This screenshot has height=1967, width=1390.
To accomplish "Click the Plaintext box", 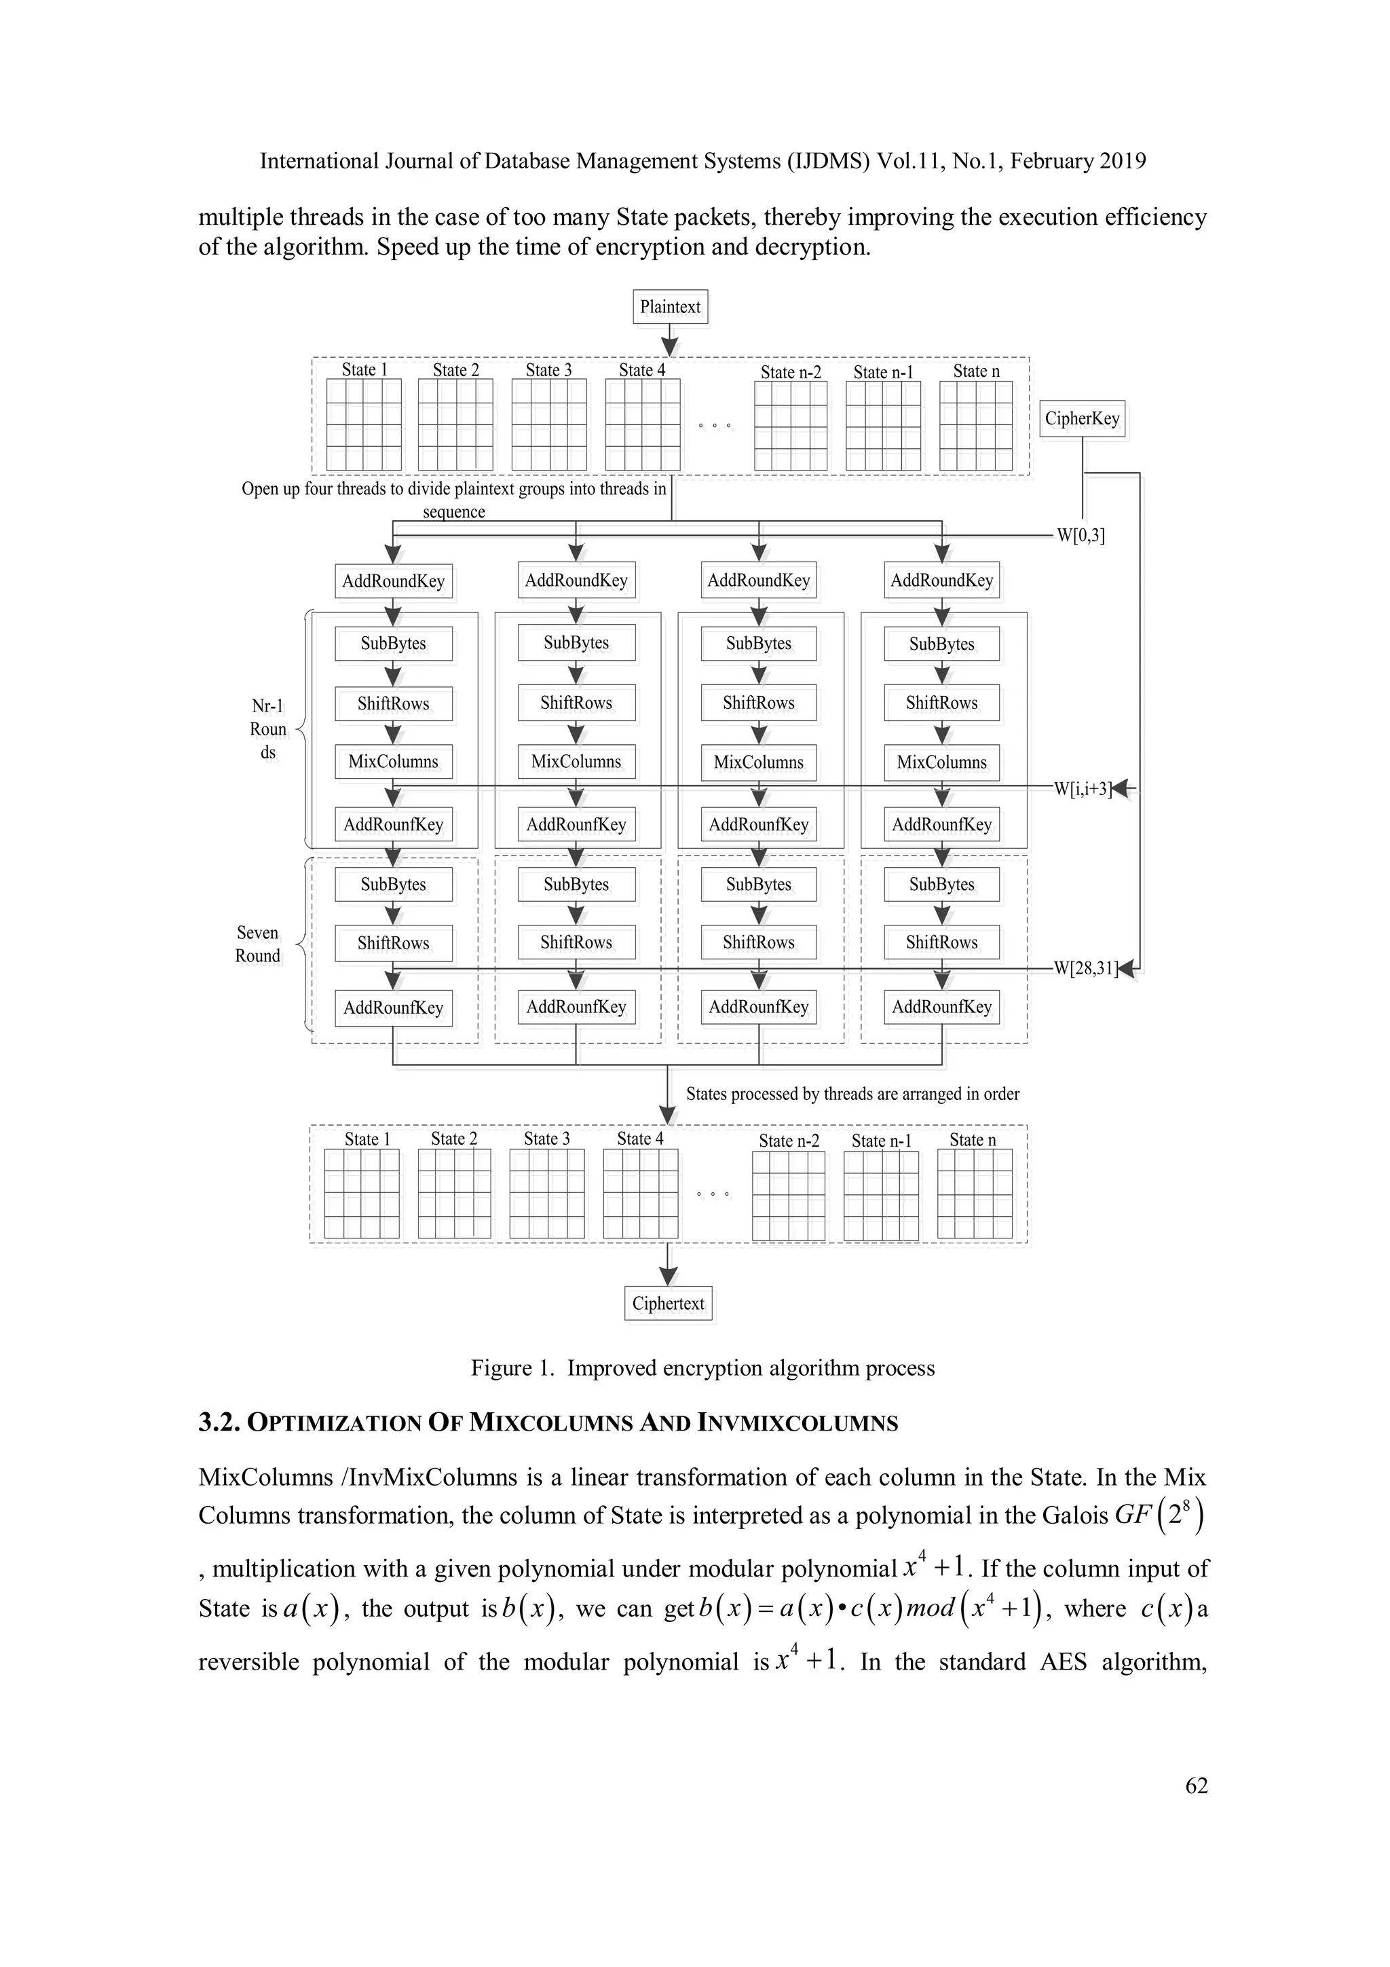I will click(670, 307).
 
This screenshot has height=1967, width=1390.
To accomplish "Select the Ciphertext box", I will click(668, 1303).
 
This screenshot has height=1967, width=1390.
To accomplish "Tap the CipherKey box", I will click(1082, 418).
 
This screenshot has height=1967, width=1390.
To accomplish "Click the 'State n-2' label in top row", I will click(791, 372).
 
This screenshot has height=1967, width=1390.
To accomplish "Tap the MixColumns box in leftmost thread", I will click(393, 762).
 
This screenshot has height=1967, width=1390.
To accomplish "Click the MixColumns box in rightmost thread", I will click(941, 762).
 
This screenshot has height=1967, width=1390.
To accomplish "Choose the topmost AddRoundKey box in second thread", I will click(576, 580).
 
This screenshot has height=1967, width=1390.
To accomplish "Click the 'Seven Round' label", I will click(258, 944).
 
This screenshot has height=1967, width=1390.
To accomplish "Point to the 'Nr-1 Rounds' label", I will click(268, 729).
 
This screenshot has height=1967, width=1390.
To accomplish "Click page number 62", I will click(1197, 1786).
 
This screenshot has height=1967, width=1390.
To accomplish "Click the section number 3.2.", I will click(219, 1423).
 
